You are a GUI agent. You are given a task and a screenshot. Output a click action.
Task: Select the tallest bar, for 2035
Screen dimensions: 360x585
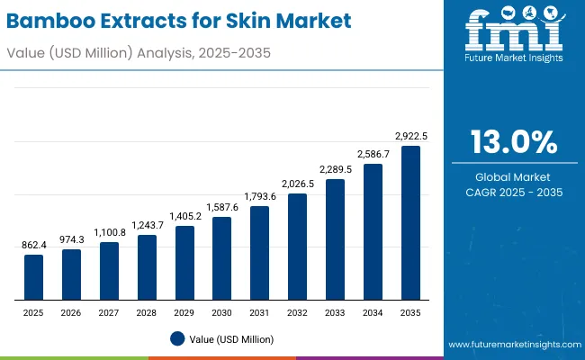tap(410, 222)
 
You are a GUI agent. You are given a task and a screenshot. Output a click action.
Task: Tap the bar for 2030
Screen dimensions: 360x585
tap(222, 258)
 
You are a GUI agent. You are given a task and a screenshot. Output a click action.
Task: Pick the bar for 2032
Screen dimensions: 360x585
tap(297, 247)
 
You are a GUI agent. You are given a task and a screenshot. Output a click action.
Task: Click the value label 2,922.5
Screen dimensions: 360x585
tap(411, 136)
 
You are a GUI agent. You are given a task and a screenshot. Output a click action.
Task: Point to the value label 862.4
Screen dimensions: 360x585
tap(33, 245)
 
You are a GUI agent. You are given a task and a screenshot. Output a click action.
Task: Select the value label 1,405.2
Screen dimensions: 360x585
tap(184, 216)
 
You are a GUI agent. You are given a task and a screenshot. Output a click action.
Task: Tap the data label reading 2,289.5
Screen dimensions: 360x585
tap(336, 169)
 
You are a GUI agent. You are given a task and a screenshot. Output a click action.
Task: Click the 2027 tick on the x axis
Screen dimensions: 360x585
tap(109, 311)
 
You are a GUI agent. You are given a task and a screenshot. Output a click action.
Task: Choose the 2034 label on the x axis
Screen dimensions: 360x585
tap(373, 311)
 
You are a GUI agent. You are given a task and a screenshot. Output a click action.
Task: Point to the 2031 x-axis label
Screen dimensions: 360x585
tap(260, 311)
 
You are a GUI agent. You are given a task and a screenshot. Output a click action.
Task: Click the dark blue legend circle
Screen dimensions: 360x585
tap(177, 338)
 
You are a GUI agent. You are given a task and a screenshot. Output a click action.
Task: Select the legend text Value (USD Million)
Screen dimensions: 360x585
tap(230, 338)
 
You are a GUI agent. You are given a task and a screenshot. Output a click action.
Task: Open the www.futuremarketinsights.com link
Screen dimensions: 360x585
tap(511, 345)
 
